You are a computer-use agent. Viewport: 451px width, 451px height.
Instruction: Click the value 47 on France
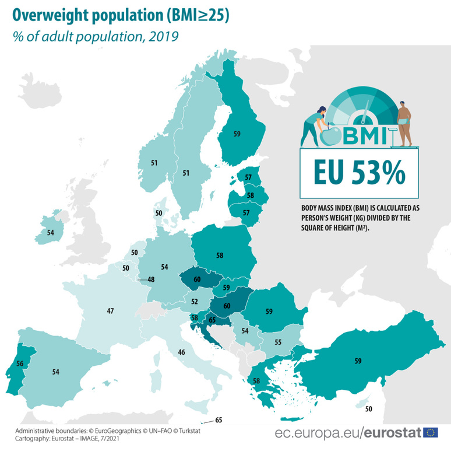[110, 311]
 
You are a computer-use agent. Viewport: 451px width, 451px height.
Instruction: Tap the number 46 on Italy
[182, 352]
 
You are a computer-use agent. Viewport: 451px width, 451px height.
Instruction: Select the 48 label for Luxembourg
[151, 279]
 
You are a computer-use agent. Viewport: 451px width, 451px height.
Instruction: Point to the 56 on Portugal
[20, 363]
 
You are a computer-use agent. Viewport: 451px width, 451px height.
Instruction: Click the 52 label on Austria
[195, 302]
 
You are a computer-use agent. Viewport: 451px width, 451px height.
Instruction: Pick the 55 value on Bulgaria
[278, 342]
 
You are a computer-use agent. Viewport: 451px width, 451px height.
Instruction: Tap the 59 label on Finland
[237, 134]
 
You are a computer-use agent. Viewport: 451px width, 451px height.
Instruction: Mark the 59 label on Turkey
[358, 361]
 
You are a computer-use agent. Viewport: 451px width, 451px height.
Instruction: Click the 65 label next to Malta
[219, 419]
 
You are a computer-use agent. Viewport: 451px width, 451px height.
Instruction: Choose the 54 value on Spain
[56, 371]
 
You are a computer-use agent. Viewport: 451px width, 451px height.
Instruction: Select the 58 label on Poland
[220, 255]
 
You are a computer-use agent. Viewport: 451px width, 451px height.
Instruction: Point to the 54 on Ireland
[51, 232]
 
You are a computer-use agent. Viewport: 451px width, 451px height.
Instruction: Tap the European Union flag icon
[432, 432]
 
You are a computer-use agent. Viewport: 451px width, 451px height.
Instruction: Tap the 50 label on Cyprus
[368, 409]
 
